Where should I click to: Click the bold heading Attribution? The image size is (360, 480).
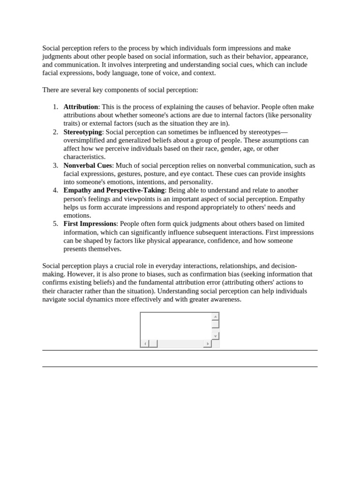point(81,107)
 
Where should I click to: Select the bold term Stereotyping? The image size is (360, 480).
point(82,132)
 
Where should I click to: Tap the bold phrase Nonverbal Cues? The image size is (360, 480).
point(88,165)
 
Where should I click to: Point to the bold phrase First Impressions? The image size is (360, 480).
point(90,224)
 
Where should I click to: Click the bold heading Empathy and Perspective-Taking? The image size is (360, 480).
point(114,190)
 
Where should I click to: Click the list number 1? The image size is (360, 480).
point(55,107)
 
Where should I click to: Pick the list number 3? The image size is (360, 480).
point(55,165)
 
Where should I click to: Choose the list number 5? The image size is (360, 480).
point(55,224)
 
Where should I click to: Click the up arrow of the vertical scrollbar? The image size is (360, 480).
point(215,317)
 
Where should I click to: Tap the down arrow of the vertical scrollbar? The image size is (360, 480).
point(215,336)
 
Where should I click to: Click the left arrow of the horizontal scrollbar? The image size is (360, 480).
point(145,344)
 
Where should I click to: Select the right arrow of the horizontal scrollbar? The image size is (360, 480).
point(207,344)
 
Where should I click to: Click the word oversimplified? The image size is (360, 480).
point(84,141)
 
